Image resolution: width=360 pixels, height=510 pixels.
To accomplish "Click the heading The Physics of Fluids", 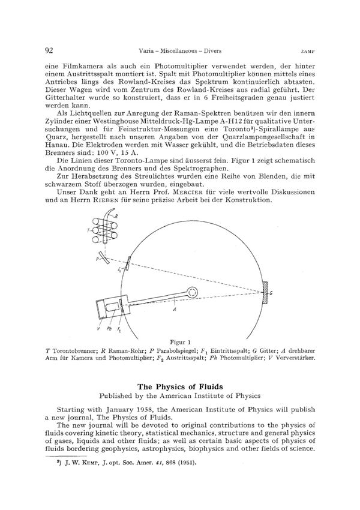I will point(179,387).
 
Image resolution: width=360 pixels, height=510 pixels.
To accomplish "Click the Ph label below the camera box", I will point(109,329).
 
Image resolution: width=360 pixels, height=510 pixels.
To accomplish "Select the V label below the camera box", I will point(98,329).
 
